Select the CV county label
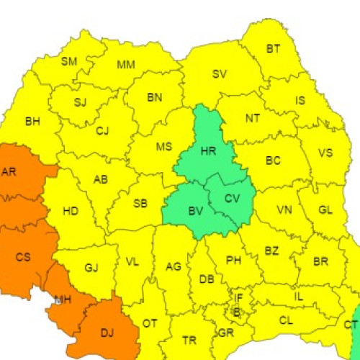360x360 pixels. coord(231,199)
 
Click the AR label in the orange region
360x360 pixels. coord(9,171)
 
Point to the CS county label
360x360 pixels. coord(23,257)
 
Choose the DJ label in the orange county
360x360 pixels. coord(107,332)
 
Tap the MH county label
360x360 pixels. coord(63,300)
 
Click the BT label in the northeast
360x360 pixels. coord(274,49)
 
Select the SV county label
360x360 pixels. coord(220,73)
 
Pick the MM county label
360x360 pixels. coord(126,64)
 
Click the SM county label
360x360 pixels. coord(68,61)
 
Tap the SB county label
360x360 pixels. coord(140,204)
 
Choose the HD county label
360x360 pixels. coord(71,211)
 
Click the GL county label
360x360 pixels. coord(325,209)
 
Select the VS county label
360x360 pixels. coord(325,153)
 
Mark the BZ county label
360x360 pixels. coord(271,251)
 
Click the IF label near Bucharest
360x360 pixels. coord(238,296)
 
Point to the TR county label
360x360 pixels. coord(189,340)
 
